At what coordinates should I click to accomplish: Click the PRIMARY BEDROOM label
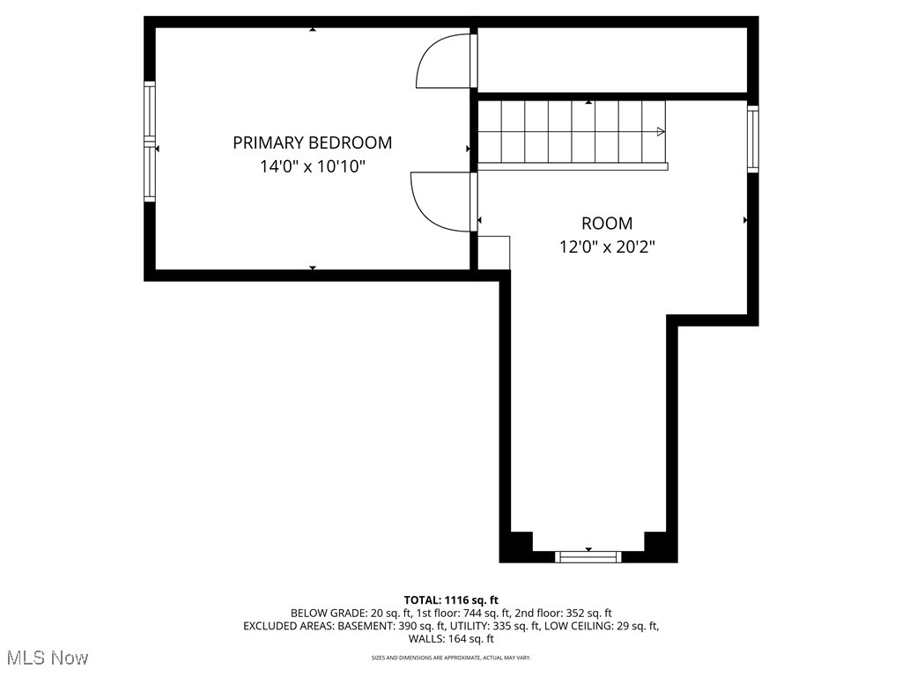click(312, 143)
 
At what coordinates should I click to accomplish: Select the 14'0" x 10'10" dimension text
click(312, 165)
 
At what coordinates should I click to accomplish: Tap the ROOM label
click(606, 224)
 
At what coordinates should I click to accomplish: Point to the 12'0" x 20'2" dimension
click(607, 247)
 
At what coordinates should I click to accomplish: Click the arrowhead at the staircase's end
click(661, 132)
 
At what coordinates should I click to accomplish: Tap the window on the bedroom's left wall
click(150, 142)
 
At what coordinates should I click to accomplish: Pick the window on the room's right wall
click(752, 138)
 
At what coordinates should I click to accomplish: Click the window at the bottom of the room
click(588, 556)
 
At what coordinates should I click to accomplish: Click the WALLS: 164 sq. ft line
click(451, 639)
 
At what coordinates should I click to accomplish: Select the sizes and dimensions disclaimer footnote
click(451, 658)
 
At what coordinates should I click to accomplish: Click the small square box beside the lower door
click(493, 253)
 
